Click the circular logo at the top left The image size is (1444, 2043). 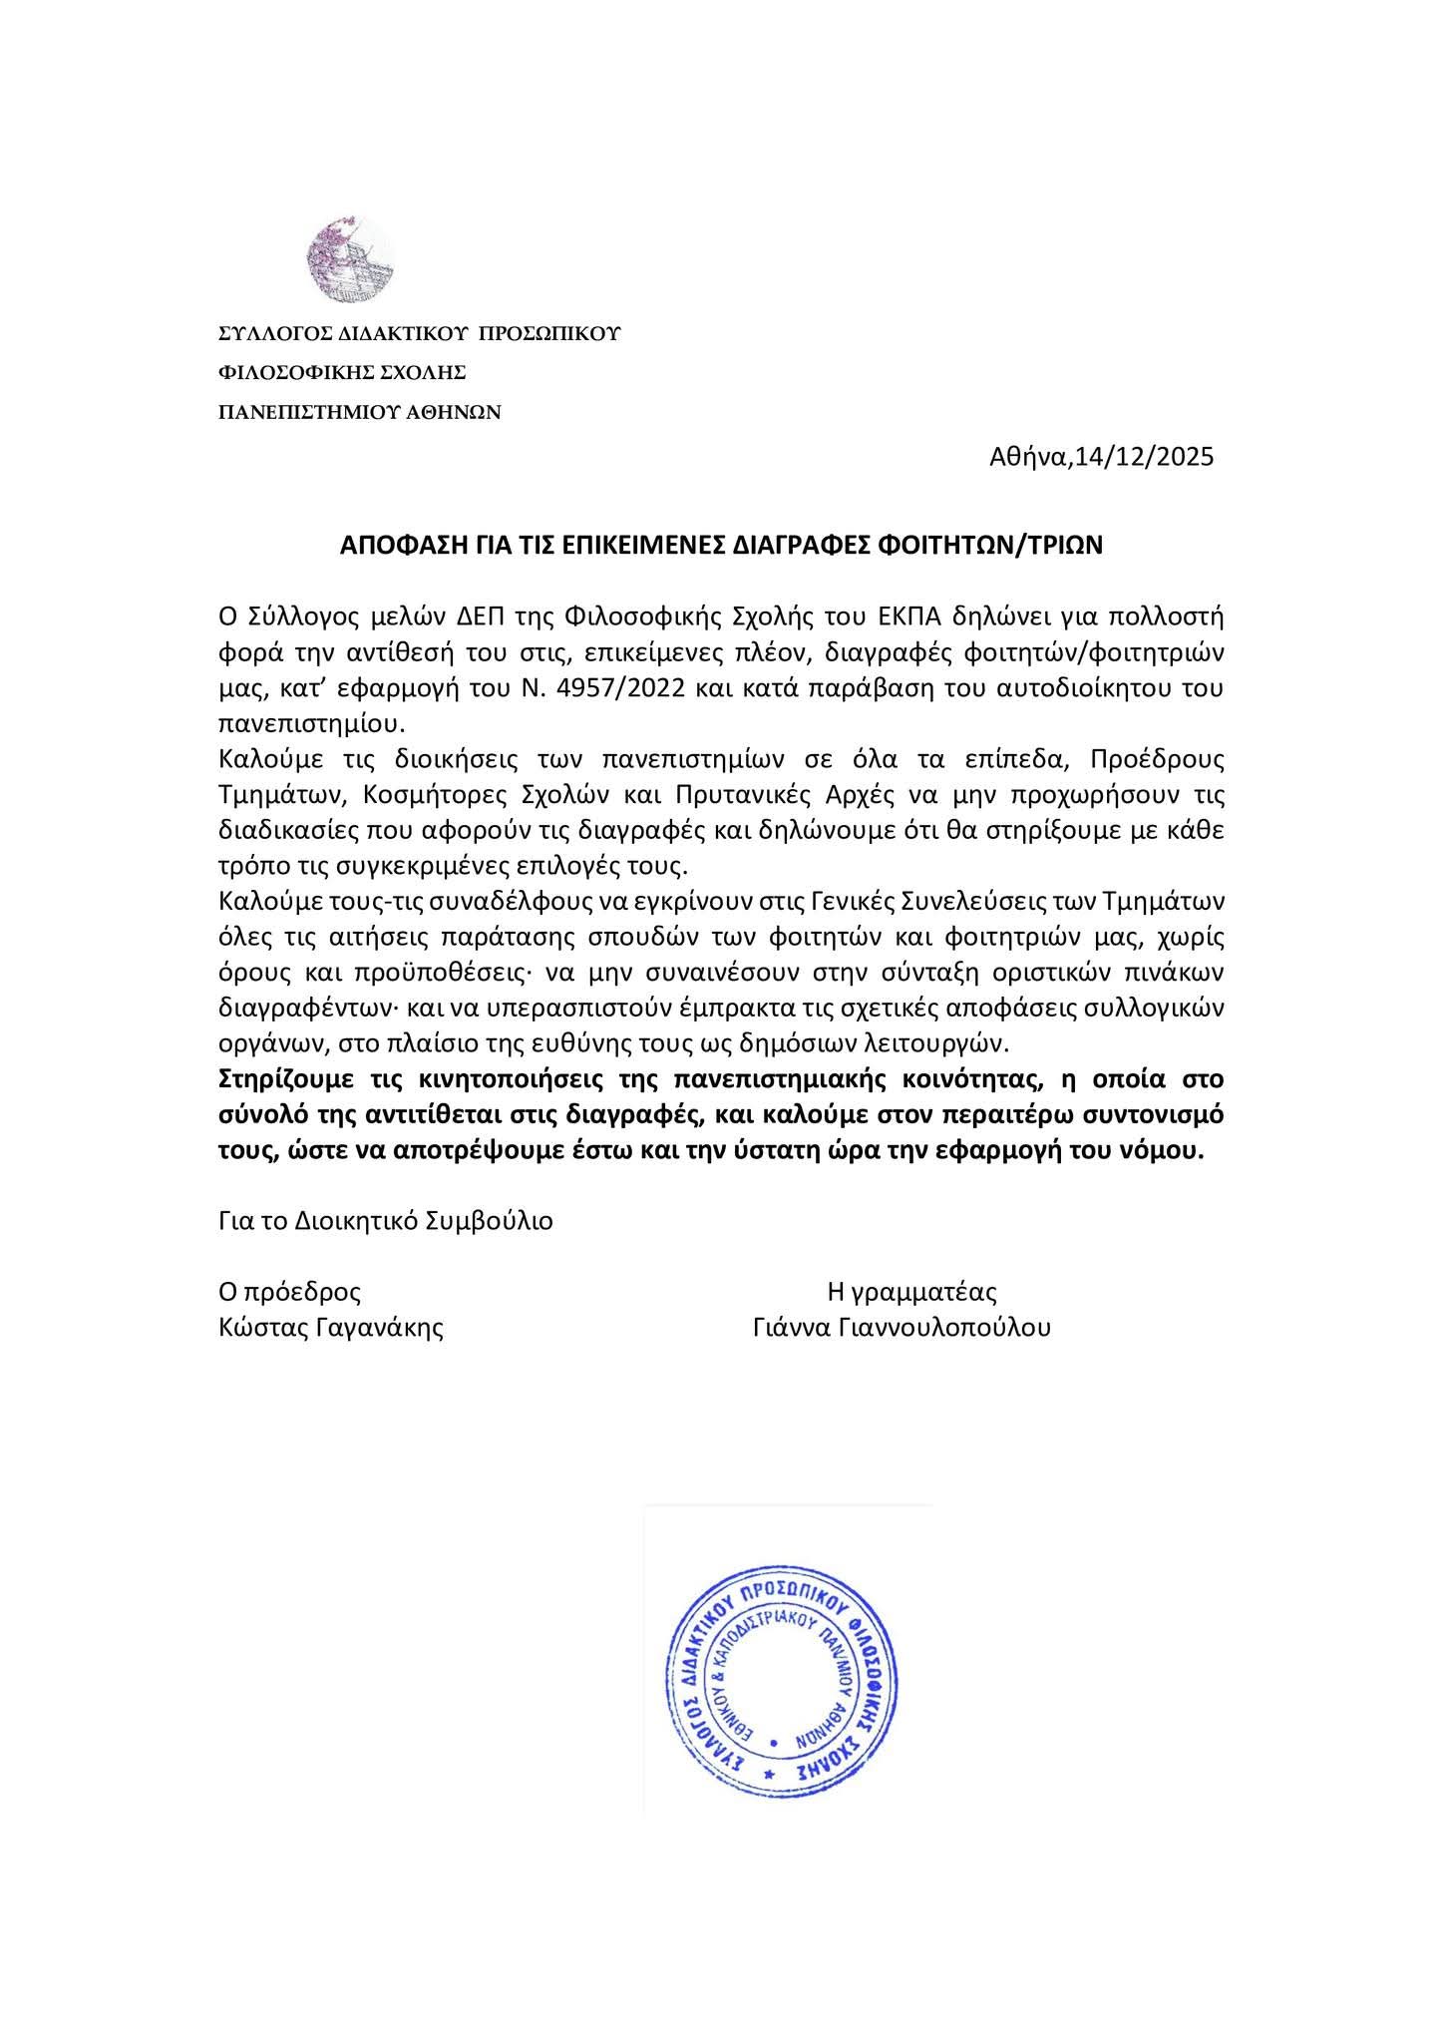[350, 260]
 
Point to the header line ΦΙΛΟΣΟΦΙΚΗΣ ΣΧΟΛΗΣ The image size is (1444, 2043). [343, 372]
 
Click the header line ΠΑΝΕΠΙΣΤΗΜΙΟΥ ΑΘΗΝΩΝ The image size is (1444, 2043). [360, 411]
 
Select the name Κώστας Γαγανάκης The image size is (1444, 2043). [331, 1328]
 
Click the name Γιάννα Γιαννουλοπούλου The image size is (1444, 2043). [903, 1328]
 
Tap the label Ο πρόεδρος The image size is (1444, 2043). [290, 1292]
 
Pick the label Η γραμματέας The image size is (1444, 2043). [912, 1292]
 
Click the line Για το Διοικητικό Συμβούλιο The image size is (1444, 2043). [386, 1221]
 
